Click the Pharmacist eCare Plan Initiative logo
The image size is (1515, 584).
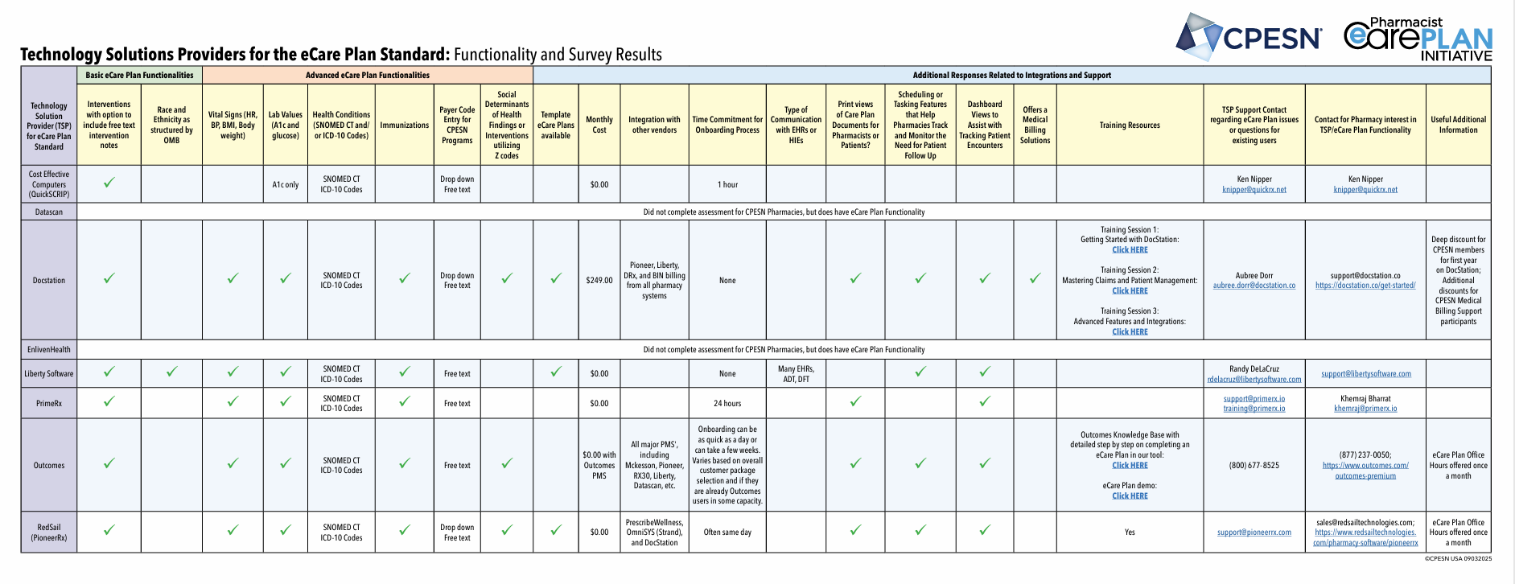pyautogui.click(x=1418, y=39)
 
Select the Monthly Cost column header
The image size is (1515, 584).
pyautogui.click(x=599, y=125)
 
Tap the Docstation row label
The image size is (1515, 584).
pyautogui.click(x=49, y=281)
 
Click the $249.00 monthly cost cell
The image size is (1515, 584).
pyautogui.click(x=599, y=281)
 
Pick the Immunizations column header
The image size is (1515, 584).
pyautogui.click(x=404, y=125)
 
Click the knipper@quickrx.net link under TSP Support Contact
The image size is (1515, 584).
pyautogui.click(x=1254, y=190)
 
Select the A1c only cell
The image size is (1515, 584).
pyautogui.click(x=285, y=185)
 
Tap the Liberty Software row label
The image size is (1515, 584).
pyautogui.click(x=49, y=374)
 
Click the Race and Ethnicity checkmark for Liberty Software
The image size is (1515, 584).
pyautogui.click(x=171, y=372)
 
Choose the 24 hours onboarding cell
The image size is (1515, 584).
pyautogui.click(x=727, y=404)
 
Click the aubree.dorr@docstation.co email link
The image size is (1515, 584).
pyautogui.click(x=1254, y=286)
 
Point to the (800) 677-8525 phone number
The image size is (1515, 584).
pyautogui.click(x=1254, y=466)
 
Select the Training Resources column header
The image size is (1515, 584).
pyautogui.click(x=1130, y=125)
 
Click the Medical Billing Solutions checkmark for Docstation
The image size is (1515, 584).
pyautogui.click(x=1035, y=278)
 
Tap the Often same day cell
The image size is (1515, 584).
pyautogui.click(x=727, y=533)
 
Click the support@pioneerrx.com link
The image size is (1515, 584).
pyautogui.click(x=1254, y=533)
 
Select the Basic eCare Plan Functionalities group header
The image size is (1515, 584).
pyautogui.click(x=139, y=76)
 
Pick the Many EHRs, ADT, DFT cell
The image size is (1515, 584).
pyautogui.click(x=796, y=374)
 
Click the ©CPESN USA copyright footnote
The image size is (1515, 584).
pyautogui.click(x=1457, y=558)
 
